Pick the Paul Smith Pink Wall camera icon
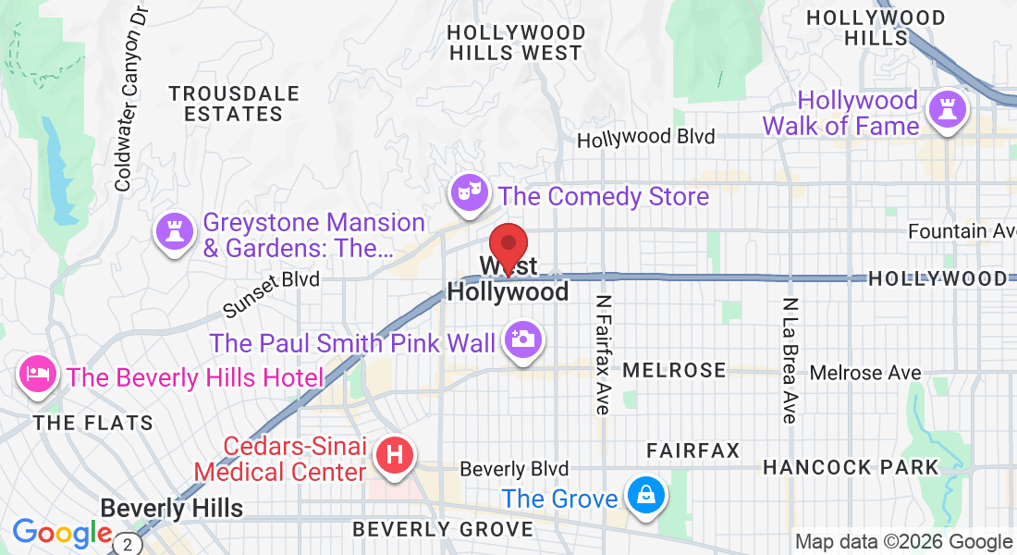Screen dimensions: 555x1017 pyautogui.click(x=522, y=340)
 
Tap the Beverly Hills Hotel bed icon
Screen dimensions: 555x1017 pyautogui.click(x=37, y=375)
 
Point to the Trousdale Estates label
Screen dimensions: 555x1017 pyautogui.click(x=234, y=104)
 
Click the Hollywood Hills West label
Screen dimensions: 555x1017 pyautogui.click(x=516, y=43)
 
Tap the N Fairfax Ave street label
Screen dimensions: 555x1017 pyautogui.click(x=603, y=355)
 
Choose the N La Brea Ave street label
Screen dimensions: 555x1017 pyautogui.click(x=789, y=361)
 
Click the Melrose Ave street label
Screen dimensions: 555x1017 pyautogui.click(x=865, y=372)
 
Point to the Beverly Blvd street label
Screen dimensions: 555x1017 pyautogui.click(x=514, y=469)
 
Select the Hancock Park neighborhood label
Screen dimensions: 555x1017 pyautogui.click(x=851, y=467)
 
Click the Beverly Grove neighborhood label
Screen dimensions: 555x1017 pyautogui.click(x=444, y=529)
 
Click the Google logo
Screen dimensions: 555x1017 pyautogui.click(x=62, y=533)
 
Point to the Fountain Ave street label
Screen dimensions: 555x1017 pyautogui.click(x=962, y=230)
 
